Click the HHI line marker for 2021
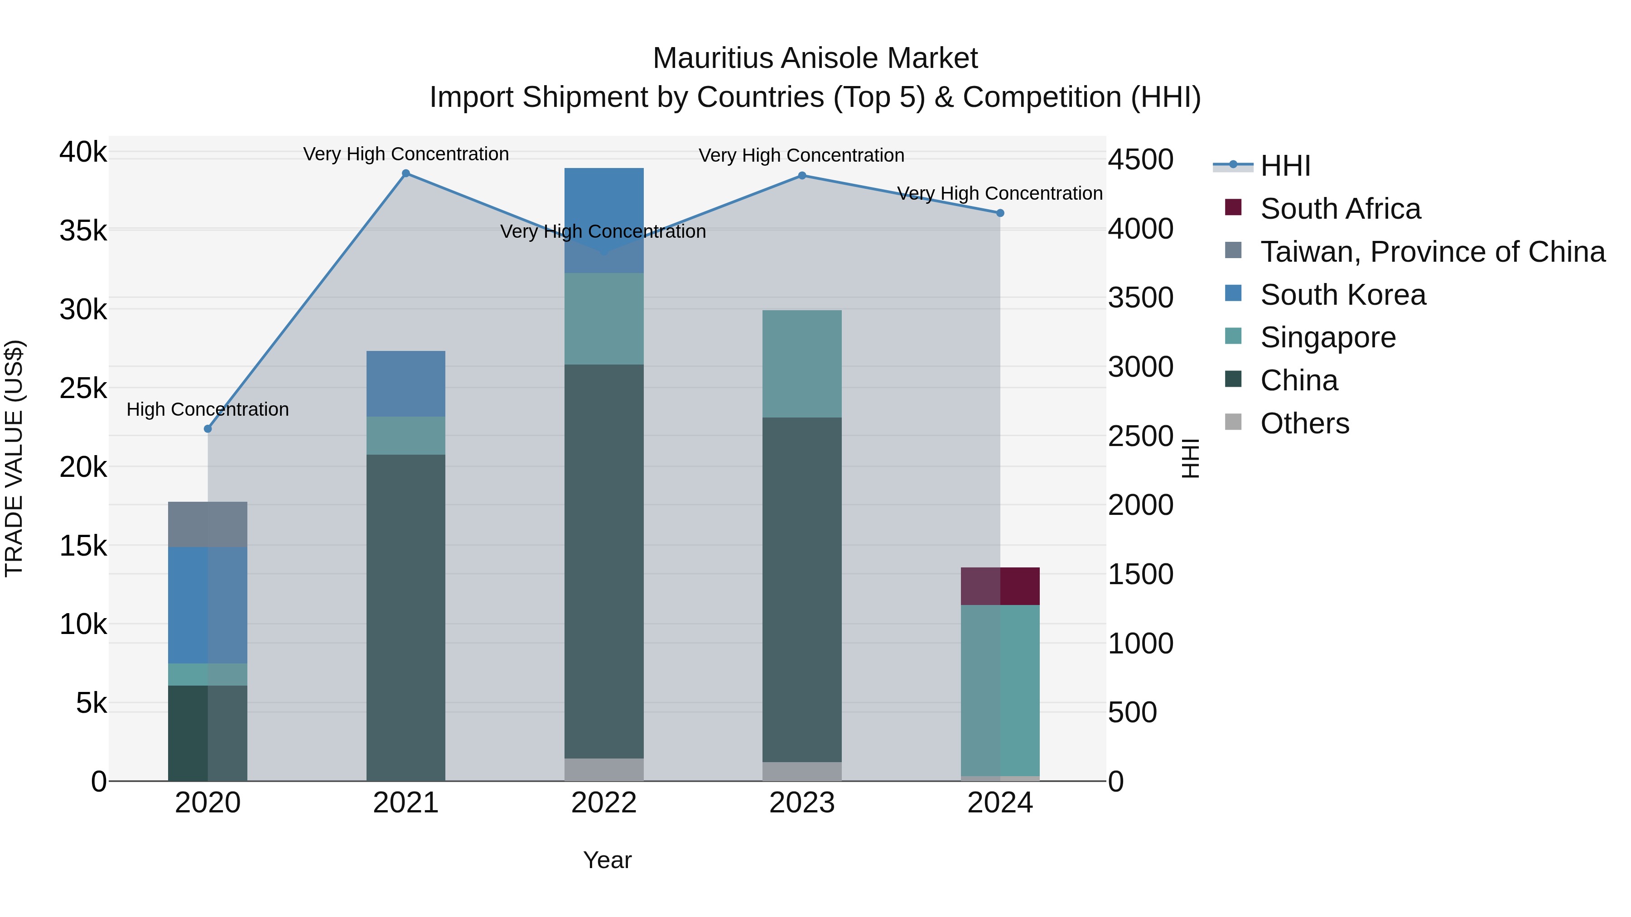coord(406,173)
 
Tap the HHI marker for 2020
coord(207,428)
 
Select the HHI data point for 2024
coord(1000,213)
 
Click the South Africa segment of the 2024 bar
coord(1000,586)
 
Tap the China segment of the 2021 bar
coord(406,617)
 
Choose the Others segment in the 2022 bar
coord(603,769)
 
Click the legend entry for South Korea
coord(1342,295)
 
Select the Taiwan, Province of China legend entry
coord(1432,252)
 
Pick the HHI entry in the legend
coord(1285,166)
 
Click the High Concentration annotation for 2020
coord(207,409)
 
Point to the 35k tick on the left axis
coord(83,231)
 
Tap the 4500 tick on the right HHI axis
coord(1140,159)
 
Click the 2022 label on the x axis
coord(603,803)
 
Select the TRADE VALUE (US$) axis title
coord(14,458)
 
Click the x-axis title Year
coord(607,860)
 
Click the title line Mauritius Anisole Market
coord(815,58)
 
